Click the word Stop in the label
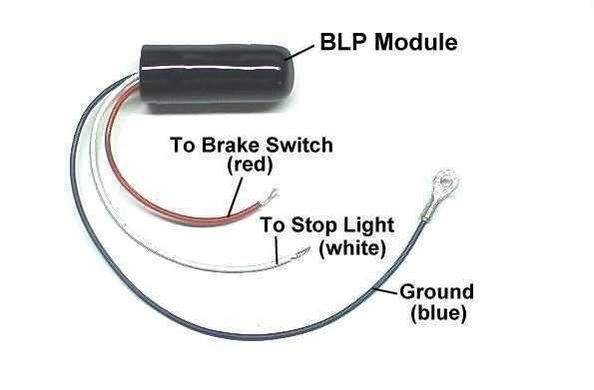(x=305, y=224)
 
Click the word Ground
(x=436, y=292)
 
